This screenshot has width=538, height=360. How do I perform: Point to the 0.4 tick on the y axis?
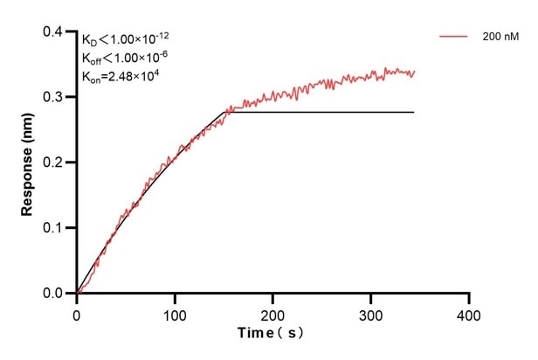coord(54,32)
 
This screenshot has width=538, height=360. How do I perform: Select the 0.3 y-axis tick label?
coord(54,97)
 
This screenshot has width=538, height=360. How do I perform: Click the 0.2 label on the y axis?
coord(54,163)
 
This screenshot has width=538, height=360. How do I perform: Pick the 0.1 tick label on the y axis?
coord(54,228)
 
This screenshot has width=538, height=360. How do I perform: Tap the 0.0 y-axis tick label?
coord(54,294)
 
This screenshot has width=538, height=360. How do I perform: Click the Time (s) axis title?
coord(272,334)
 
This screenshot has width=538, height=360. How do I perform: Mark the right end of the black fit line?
coord(413,112)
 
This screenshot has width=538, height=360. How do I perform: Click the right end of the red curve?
coord(414,73)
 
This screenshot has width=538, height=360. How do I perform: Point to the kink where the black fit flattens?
coord(229,112)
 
